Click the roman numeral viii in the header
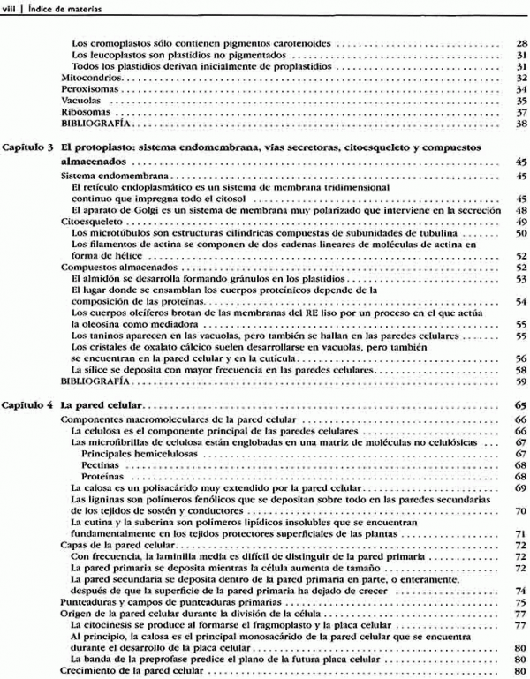point(11,9)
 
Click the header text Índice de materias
point(59,9)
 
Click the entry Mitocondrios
point(87,78)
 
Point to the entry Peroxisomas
point(87,89)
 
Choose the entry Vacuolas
point(79,101)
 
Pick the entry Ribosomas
point(82,112)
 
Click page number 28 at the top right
point(521,43)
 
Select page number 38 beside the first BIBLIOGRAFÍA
point(521,124)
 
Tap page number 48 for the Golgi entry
point(521,210)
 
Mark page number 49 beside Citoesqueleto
point(521,222)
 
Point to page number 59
point(521,381)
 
